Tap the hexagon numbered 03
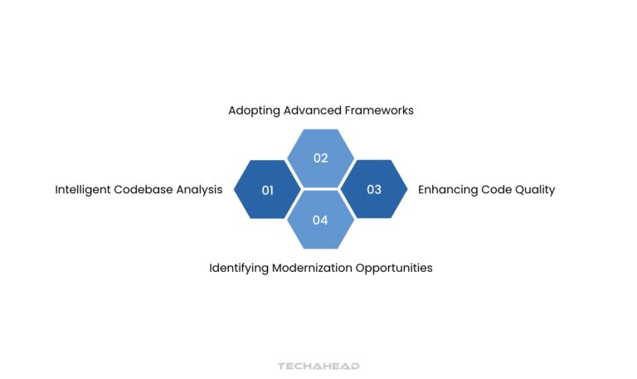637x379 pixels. click(x=374, y=190)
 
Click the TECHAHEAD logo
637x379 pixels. click(x=318, y=365)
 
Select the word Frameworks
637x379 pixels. click(x=381, y=110)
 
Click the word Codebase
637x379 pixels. click(x=144, y=190)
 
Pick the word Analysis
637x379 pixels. click(x=200, y=190)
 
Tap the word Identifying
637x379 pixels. click(x=239, y=269)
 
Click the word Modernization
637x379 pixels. click(x=312, y=269)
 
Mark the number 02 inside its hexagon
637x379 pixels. click(x=320, y=158)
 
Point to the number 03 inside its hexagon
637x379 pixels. click(x=374, y=190)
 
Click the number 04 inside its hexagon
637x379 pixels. click(x=320, y=221)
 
